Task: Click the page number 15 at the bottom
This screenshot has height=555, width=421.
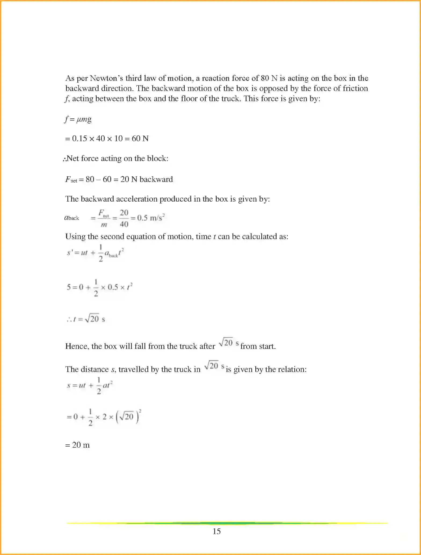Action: [216, 531]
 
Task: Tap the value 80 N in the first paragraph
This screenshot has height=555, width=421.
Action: [269, 78]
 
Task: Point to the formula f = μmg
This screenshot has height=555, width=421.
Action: [78, 119]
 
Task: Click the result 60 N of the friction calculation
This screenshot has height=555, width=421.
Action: [140, 138]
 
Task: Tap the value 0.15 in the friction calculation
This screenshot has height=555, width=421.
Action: [79, 138]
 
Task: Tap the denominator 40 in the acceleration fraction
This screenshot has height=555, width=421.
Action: [124, 224]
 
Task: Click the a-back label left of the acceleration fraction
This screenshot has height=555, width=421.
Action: [72, 218]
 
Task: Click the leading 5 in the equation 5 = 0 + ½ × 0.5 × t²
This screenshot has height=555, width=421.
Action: [69, 287]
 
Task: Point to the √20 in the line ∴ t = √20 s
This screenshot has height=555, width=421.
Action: [92, 319]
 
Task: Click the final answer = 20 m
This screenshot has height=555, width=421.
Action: [78, 445]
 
